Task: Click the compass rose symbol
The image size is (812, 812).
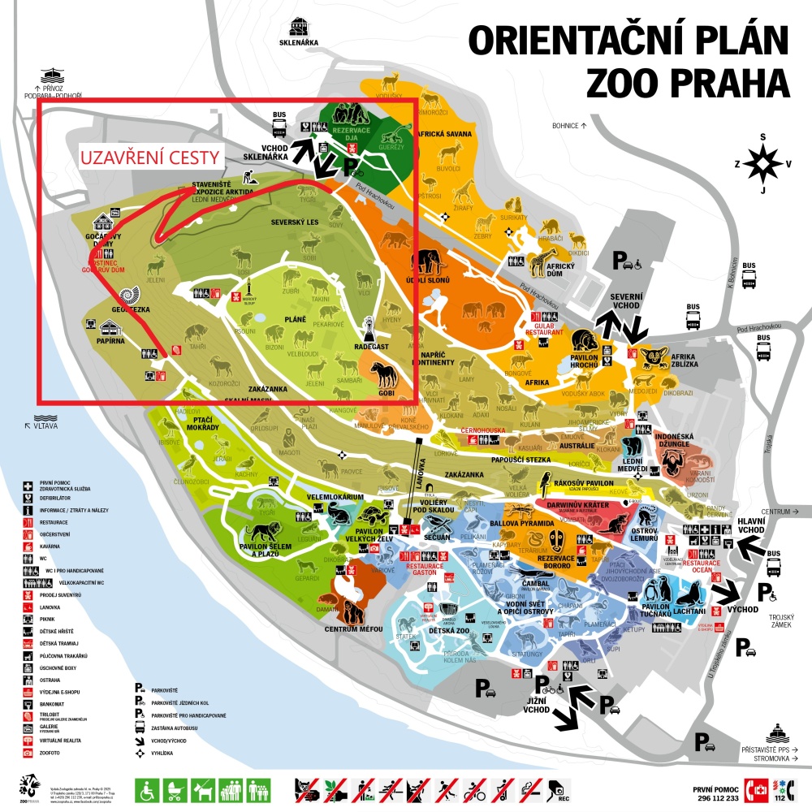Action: tap(762, 164)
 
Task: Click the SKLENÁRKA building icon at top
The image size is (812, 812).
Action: tap(299, 26)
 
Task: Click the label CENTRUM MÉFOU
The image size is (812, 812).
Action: tap(354, 628)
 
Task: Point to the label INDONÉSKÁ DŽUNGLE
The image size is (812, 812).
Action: tap(672, 441)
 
